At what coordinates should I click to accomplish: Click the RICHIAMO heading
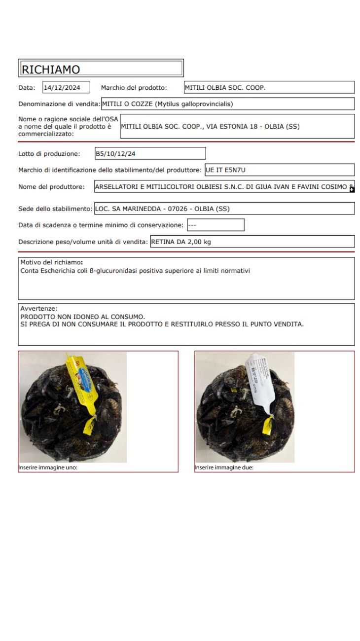(x=51, y=70)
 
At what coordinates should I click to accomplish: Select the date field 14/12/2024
(x=66, y=88)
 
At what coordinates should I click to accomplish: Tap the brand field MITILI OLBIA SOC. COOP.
(x=269, y=88)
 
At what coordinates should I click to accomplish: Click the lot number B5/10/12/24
(x=150, y=154)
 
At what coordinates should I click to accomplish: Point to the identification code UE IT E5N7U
(x=280, y=170)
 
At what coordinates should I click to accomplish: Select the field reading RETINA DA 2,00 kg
(x=252, y=242)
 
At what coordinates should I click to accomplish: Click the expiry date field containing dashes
(x=215, y=225)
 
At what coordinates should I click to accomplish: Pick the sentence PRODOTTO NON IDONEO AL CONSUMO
(x=82, y=317)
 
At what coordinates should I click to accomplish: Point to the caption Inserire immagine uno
(x=48, y=468)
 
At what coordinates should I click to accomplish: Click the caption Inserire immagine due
(x=224, y=468)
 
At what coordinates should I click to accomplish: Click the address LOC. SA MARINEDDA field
(x=224, y=209)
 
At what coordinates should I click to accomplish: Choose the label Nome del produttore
(x=51, y=187)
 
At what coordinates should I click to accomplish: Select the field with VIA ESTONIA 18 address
(x=237, y=127)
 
